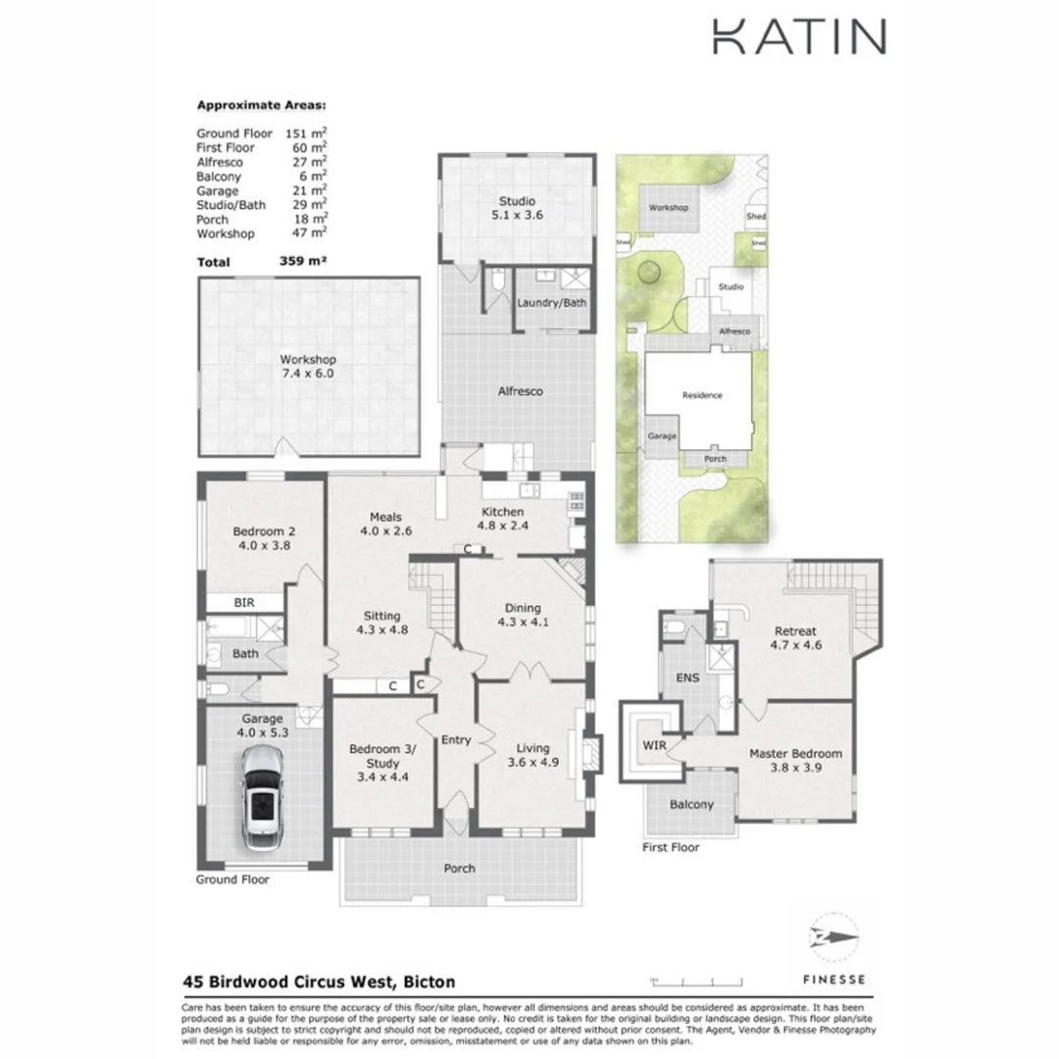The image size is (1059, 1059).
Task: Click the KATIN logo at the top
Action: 798,36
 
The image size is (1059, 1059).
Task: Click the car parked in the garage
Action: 262,796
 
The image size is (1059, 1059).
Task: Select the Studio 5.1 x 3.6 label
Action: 517,208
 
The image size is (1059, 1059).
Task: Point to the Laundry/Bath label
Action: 551,302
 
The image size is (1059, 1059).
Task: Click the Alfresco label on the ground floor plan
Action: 521,391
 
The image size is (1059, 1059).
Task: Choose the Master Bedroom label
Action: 795,761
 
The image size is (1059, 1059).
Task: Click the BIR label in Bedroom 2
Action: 245,602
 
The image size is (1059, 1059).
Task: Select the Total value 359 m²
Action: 303,262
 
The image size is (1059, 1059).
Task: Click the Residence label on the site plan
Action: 702,395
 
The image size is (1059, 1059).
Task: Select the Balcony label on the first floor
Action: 691,805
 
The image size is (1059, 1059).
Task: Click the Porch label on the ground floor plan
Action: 460,868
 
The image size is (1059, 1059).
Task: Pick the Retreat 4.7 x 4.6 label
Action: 795,637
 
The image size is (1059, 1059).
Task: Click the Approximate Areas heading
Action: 262,105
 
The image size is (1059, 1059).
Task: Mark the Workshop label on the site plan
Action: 669,208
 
